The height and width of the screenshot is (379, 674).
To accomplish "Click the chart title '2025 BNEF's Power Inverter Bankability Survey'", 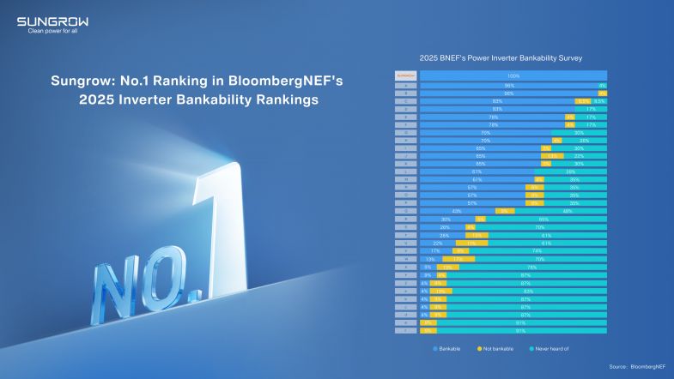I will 501,58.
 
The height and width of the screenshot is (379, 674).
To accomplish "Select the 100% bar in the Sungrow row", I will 513,75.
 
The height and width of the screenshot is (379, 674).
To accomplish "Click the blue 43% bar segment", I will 457,210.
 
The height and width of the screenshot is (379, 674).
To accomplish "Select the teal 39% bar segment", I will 570,171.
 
